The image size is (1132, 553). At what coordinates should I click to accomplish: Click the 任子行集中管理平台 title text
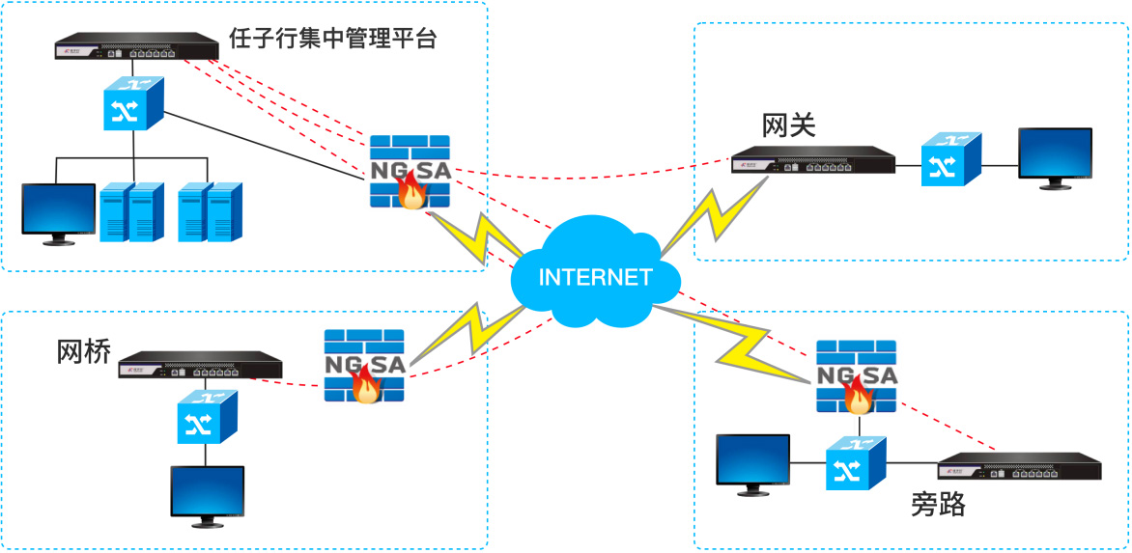coord(333,39)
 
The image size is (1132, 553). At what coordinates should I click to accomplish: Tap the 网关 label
coord(789,125)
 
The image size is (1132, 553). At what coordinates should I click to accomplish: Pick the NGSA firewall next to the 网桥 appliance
coord(364,366)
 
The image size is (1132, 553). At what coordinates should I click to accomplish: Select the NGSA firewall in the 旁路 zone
coord(856,376)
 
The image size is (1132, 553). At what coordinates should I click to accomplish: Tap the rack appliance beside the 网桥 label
coord(200,365)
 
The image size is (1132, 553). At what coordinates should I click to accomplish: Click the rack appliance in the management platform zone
coord(136,45)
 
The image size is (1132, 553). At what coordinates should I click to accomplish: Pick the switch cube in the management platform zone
coord(133,104)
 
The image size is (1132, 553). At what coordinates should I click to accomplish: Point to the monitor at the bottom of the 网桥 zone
coord(208,495)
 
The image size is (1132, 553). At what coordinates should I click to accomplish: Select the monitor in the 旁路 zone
coord(752,464)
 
